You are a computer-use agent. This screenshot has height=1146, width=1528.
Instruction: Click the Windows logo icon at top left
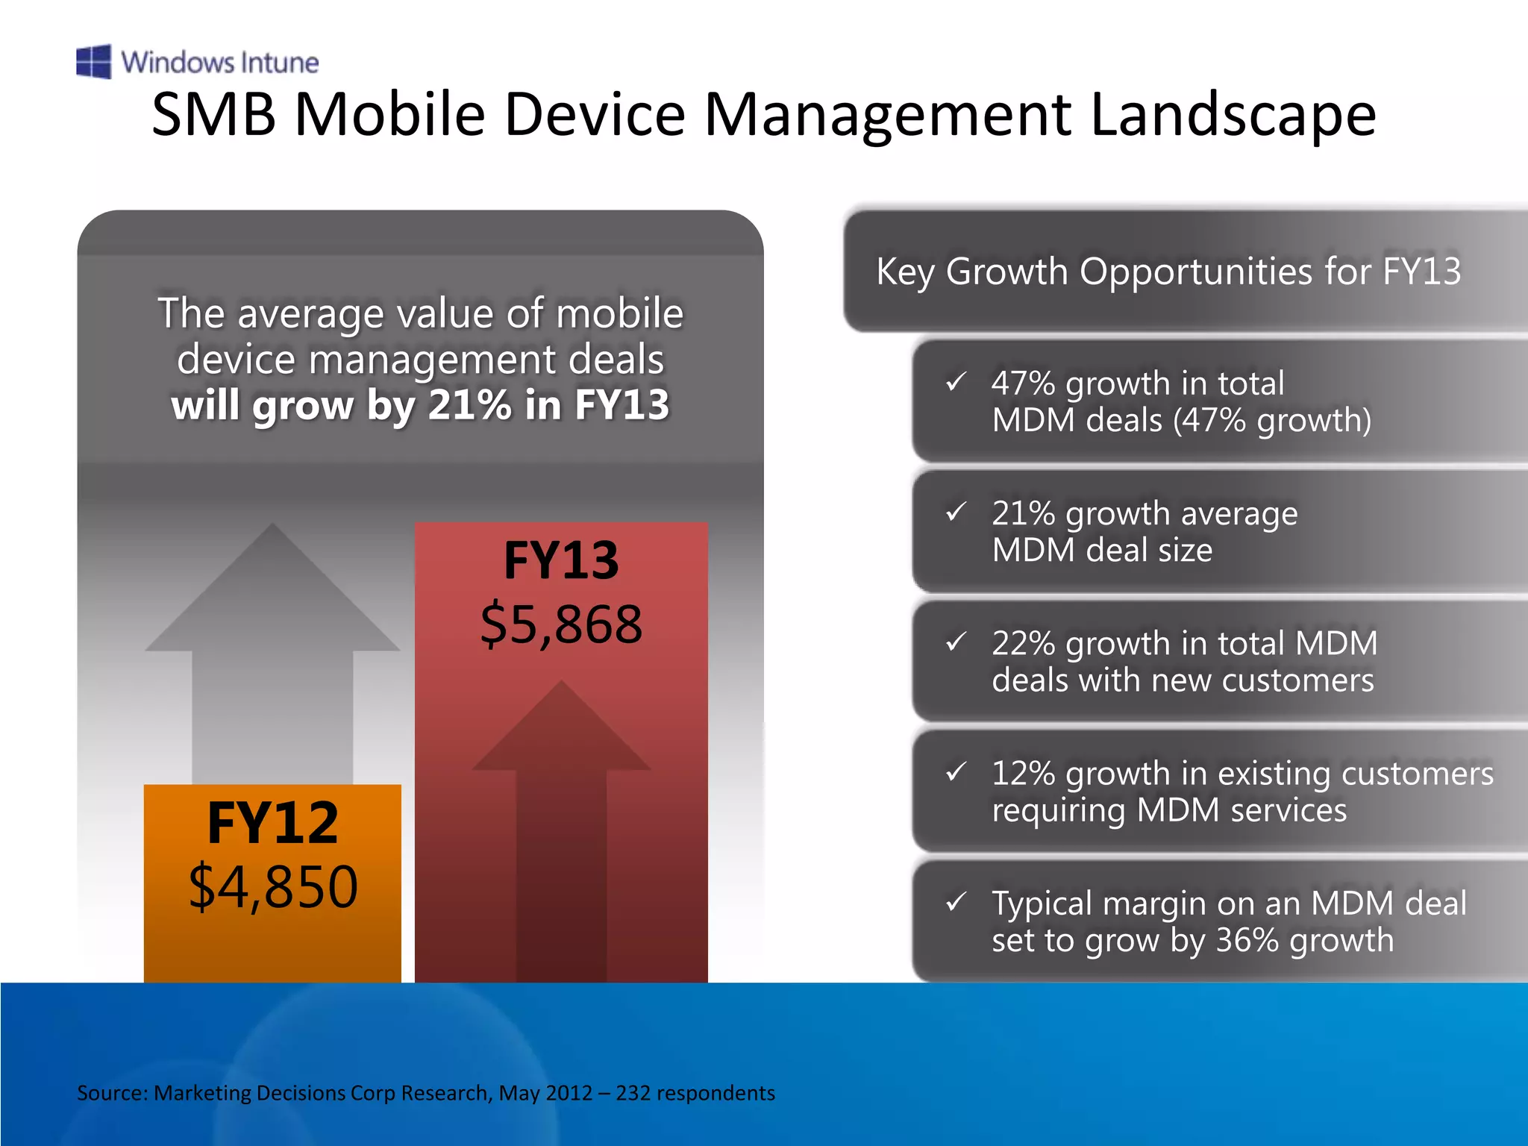pyautogui.click(x=94, y=61)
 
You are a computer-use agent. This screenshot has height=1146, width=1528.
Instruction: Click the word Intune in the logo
pyautogui.click(x=279, y=63)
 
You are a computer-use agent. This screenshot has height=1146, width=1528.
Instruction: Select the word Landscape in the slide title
pyautogui.click(x=1233, y=115)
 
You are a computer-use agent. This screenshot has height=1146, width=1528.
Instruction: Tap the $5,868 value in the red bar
pyautogui.click(x=561, y=624)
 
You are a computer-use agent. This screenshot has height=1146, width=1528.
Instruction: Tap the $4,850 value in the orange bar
pyautogui.click(x=273, y=887)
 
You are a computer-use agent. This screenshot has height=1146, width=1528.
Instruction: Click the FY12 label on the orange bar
pyautogui.click(x=273, y=823)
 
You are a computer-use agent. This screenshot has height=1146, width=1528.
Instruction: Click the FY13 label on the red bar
pyautogui.click(x=561, y=560)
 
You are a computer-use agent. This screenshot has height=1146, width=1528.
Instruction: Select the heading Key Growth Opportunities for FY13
pyautogui.click(x=1168, y=271)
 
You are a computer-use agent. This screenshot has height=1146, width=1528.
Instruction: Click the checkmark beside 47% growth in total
pyautogui.click(x=956, y=382)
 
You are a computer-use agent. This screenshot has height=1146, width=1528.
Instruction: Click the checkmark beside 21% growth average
pyautogui.click(x=956, y=512)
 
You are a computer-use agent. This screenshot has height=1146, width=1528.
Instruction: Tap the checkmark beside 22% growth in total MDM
pyautogui.click(x=956, y=642)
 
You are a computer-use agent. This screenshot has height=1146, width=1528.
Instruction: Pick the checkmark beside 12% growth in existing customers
pyautogui.click(x=956, y=771)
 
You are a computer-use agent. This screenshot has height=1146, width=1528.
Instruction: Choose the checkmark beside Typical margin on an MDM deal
pyautogui.click(x=956, y=902)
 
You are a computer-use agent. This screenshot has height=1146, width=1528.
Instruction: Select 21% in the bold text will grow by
pyautogui.click(x=469, y=405)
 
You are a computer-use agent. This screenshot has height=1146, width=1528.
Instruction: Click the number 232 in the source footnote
pyautogui.click(x=633, y=1093)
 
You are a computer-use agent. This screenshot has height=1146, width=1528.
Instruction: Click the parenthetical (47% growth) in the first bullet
pyautogui.click(x=1272, y=420)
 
